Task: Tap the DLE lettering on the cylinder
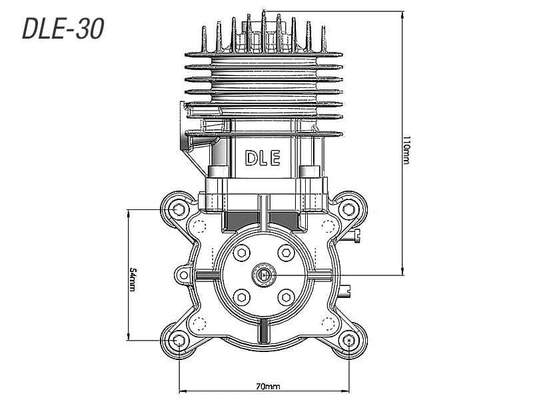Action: click(x=263, y=158)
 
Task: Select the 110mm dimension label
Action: click(x=407, y=152)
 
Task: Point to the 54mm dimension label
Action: click(x=133, y=279)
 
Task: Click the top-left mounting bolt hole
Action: click(x=179, y=210)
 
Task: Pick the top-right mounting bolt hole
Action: click(x=348, y=210)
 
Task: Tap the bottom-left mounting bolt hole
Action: click(x=179, y=341)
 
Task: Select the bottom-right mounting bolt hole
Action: click(x=350, y=341)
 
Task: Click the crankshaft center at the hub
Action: click(x=264, y=274)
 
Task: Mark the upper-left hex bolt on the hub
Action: click(x=241, y=252)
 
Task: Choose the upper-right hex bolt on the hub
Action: click(x=286, y=252)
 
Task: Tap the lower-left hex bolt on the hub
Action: click(x=241, y=297)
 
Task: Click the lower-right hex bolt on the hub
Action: click(x=286, y=297)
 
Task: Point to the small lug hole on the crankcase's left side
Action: click(x=183, y=273)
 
